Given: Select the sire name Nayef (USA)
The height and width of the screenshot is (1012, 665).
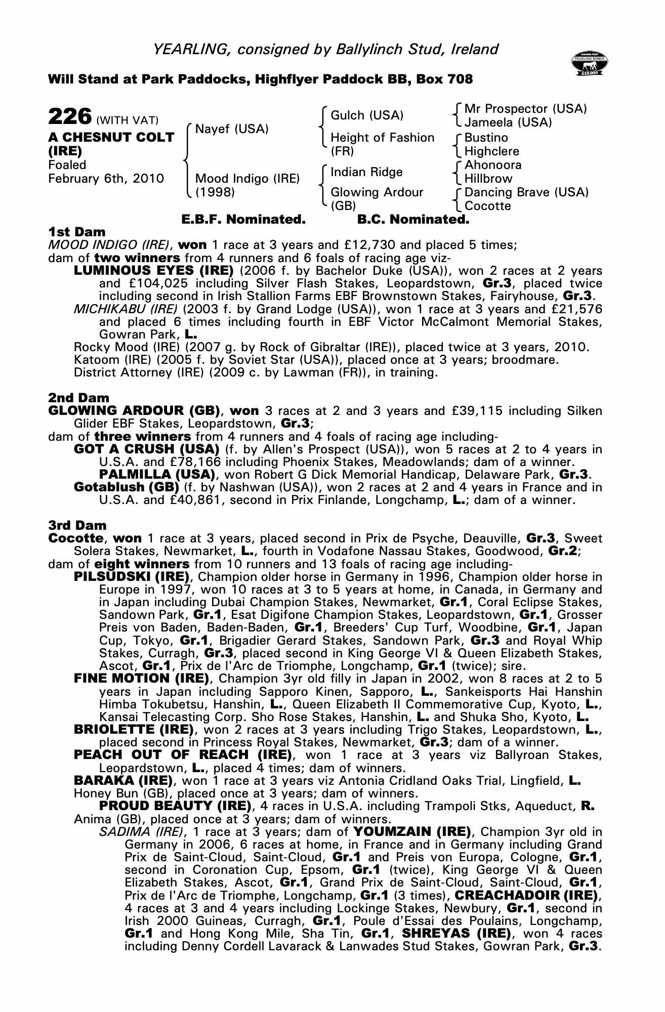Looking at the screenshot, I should (x=231, y=129).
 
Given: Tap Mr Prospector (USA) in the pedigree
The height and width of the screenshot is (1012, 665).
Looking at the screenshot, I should (x=525, y=109).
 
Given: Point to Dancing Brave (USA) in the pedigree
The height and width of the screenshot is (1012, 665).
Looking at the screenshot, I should (x=526, y=192).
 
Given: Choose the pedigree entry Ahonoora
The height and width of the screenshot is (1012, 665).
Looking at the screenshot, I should (x=493, y=165).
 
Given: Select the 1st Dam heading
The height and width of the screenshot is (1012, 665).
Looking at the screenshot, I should (x=77, y=232).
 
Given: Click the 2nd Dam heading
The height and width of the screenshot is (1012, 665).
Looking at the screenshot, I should (x=78, y=398).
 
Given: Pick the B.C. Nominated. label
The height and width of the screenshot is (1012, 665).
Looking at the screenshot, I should (x=413, y=220).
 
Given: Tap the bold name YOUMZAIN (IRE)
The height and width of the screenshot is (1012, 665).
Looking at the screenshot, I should (x=412, y=832).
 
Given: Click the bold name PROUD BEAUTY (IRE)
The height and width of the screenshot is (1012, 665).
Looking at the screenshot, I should (x=175, y=806).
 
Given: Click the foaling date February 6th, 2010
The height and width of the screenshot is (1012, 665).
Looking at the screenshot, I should (x=106, y=179).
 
